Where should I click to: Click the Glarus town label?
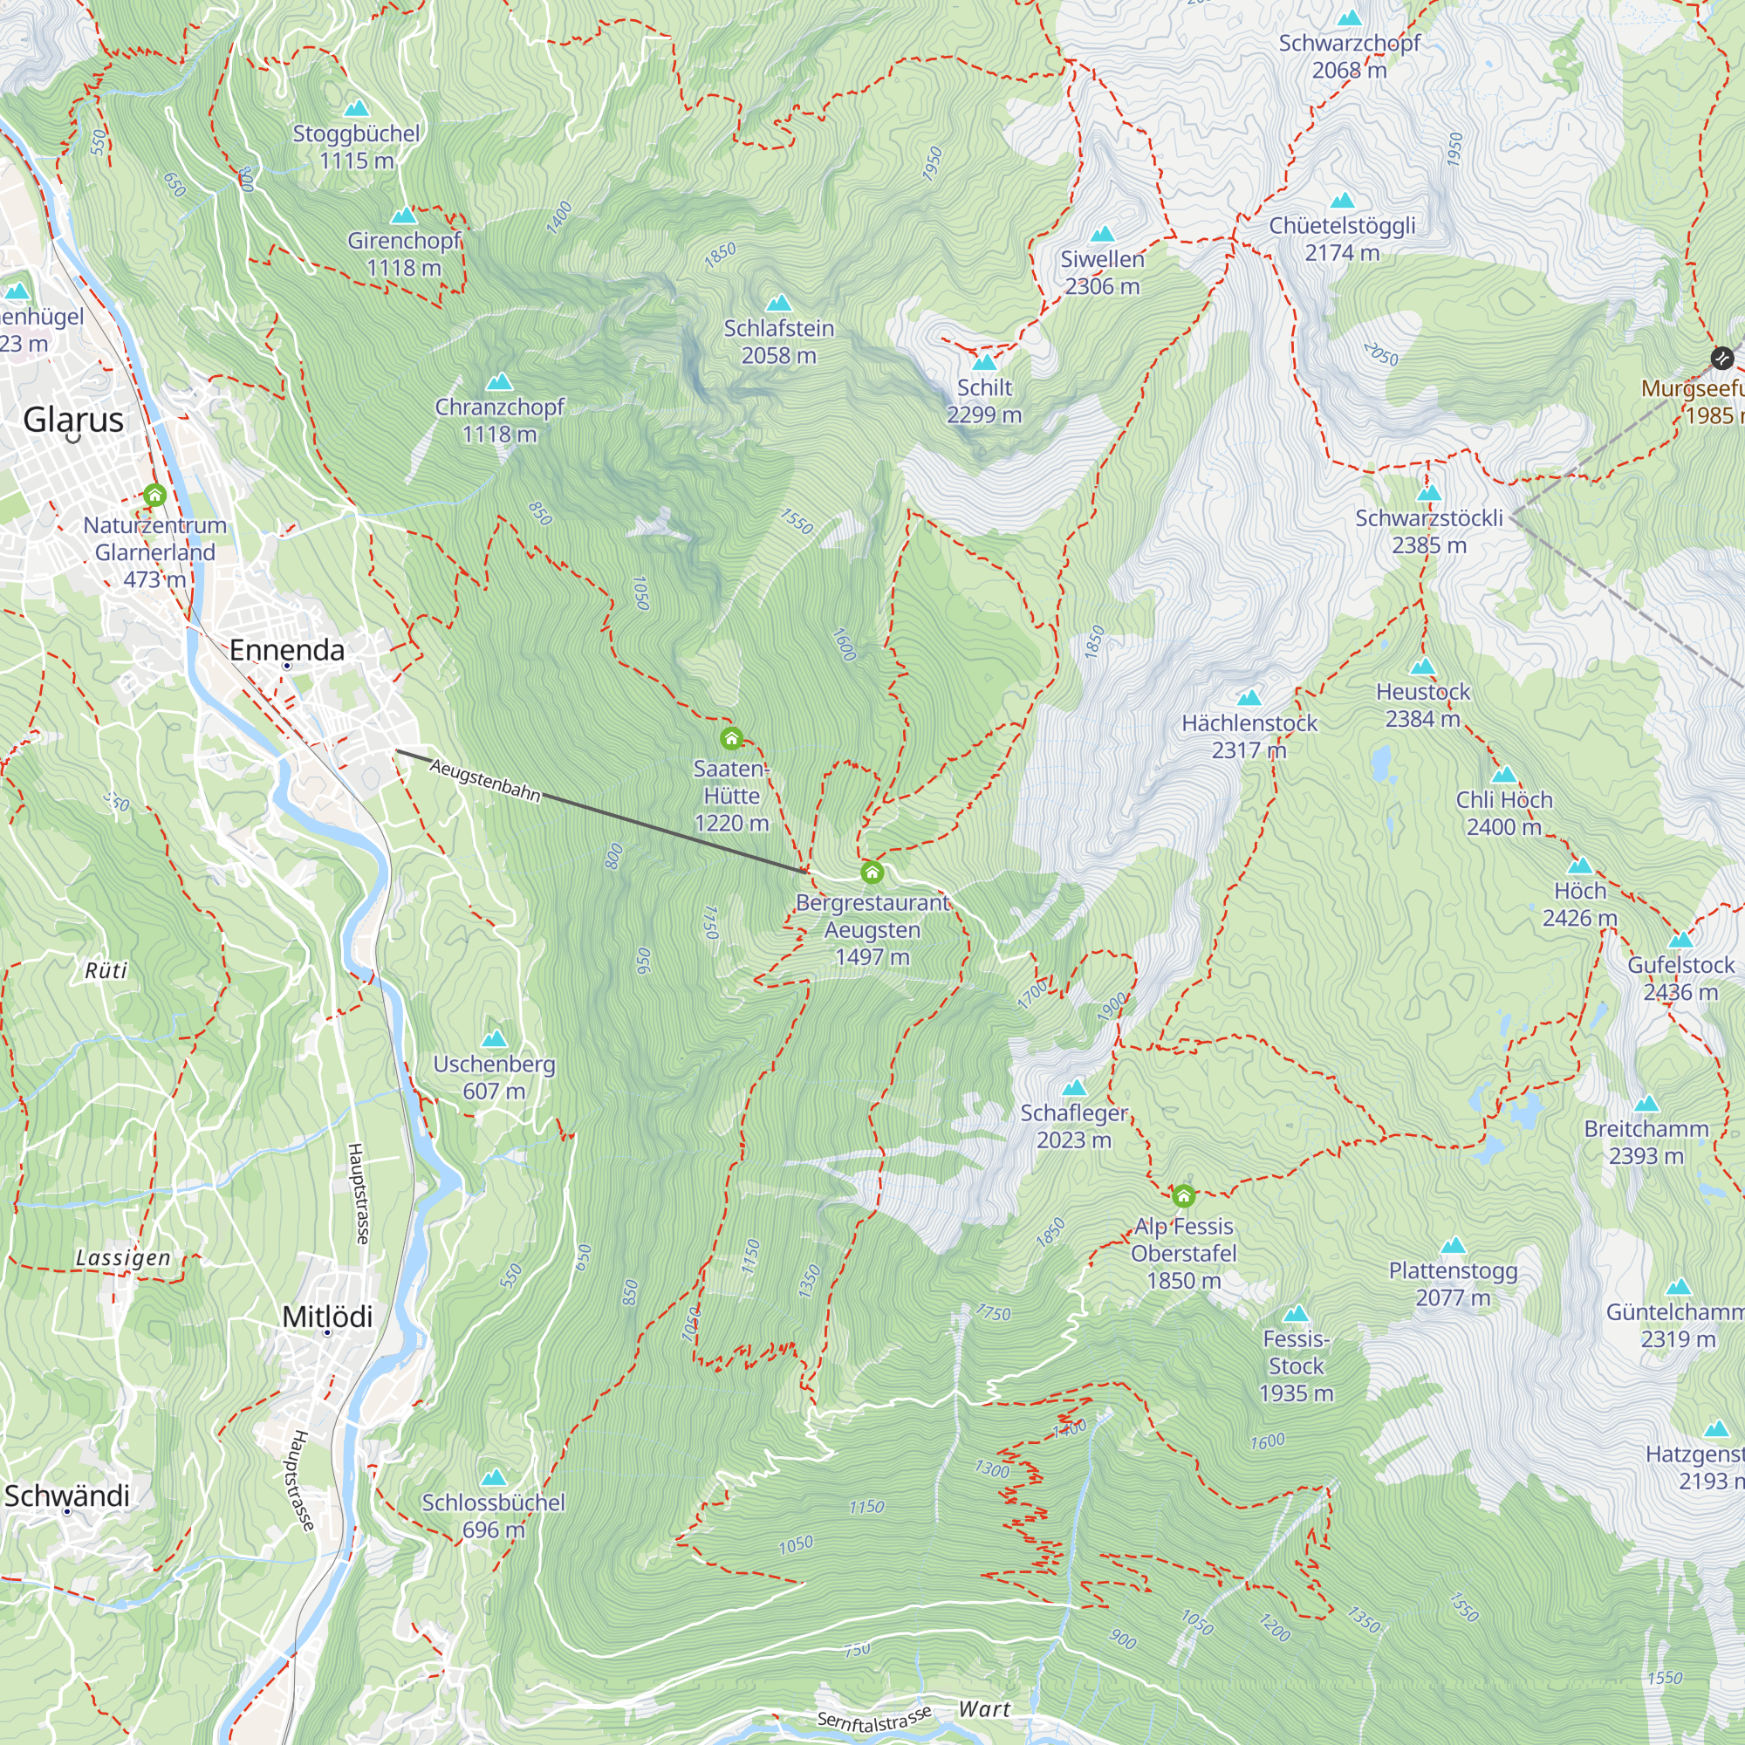pyautogui.click(x=73, y=420)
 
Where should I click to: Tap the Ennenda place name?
pyautogui.click(x=286, y=650)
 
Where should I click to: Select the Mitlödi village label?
pyautogui.click(x=327, y=1316)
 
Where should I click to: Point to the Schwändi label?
pyautogui.click(x=67, y=1495)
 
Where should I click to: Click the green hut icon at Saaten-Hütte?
pyautogui.click(x=732, y=739)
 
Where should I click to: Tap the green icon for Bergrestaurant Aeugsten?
pyautogui.click(x=872, y=872)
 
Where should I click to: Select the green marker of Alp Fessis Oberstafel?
pyautogui.click(x=1183, y=1196)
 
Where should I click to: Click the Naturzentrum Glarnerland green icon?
pyautogui.click(x=154, y=495)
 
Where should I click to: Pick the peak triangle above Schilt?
pyautogui.click(x=983, y=363)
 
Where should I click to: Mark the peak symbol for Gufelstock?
pyautogui.click(x=1680, y=941)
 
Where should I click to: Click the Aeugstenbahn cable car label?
pyautogui.click(x=485, y=780)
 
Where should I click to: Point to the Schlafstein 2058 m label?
pyautogui.click(x=778, y=341)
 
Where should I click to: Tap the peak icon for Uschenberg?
pyautogui.click(x=494, y=1040)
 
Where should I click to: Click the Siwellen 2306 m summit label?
pyautogui.click(x=1102, y=272)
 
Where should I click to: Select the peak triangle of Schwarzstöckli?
pyautogui.click(x=1428, y=493)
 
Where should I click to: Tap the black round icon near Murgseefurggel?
pyautogui.click(x=1722, y=358)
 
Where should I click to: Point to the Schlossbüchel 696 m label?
pyautogui.click(x=493, y=1516)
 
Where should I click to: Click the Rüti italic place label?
pyautogui.click(x=106, y=971)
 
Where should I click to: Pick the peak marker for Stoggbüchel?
pyautogui.click(x=357, y=108)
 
